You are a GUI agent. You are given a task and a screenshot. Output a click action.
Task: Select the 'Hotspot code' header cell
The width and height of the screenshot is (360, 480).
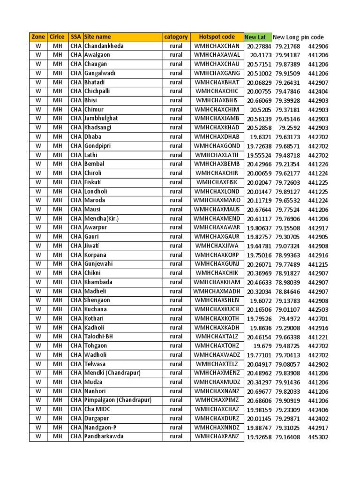pos(217,37)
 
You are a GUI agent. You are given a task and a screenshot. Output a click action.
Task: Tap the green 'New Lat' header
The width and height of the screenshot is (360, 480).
pos(255,37)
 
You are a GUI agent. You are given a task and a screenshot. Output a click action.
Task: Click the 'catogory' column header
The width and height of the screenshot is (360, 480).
pos(176,37)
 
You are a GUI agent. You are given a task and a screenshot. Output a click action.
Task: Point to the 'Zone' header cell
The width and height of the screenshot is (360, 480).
pos(38,37)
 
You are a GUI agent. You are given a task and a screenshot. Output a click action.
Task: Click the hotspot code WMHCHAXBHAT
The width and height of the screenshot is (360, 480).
pos(217,82)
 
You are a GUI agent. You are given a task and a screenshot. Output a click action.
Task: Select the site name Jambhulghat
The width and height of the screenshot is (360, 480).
pos(101,119)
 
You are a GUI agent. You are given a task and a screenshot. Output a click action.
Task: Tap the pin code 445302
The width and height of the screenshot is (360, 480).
pos(318,437)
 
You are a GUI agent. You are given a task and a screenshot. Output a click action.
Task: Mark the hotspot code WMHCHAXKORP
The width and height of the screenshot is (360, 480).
pos(217,255)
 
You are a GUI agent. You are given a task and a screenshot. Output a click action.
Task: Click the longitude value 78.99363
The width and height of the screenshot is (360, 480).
pos(288,255)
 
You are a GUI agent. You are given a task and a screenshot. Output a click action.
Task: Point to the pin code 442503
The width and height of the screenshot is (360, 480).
pos(318,309)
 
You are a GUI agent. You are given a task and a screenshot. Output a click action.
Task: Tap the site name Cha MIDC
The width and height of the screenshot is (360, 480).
pos(98,409)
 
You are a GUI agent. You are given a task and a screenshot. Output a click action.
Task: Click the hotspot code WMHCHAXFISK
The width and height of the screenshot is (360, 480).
pos(217,182)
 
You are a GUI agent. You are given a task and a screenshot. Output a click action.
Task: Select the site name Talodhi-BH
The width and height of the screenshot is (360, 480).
pos(98,337)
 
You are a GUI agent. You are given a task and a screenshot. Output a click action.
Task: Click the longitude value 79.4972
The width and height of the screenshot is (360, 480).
pos(290,319)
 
